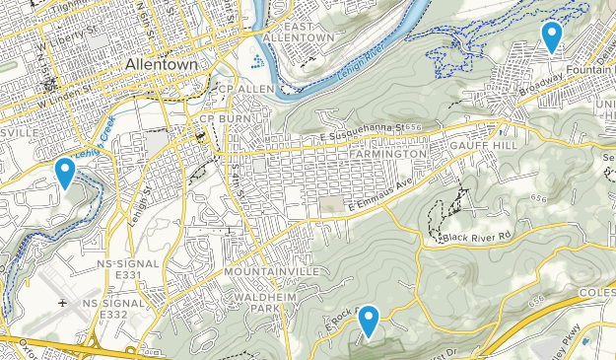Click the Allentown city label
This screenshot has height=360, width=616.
tap(162, 64)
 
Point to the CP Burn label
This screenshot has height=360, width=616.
tap(221, 119)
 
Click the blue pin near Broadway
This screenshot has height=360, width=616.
tap(552, 36)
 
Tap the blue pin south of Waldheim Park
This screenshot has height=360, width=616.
tap(369, 321)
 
